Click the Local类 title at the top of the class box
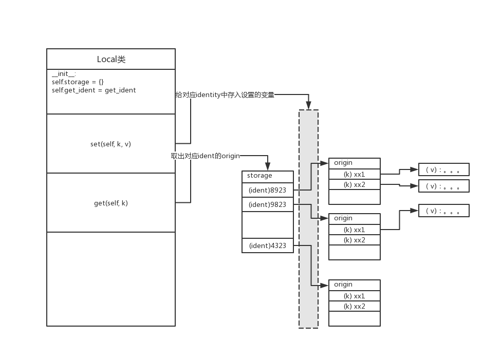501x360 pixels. [111, 59]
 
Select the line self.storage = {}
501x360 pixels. [78, 82]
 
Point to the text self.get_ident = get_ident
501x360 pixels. [94, 90]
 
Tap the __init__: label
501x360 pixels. [64, 74]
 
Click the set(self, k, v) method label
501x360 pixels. [110, 144]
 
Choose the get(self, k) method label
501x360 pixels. [110, 203]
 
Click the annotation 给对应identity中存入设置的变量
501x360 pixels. [225, 94]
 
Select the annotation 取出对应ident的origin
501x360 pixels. [206, 156]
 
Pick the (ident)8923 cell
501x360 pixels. [267, 190]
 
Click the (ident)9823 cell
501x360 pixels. [267, 204]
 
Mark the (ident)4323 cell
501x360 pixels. [267, 245]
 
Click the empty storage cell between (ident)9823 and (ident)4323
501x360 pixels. [267, 225]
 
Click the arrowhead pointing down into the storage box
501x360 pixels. [268, 167]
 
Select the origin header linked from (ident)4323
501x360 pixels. [354, 285]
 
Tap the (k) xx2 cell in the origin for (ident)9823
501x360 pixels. [354, 240]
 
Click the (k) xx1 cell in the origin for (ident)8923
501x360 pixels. [354, 174]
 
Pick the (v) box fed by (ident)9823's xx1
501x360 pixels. [443, 211]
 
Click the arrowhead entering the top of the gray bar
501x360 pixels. [309, 106]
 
